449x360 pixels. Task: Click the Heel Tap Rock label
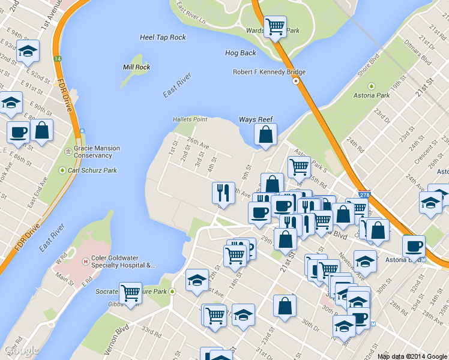pos(163,37)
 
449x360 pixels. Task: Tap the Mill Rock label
pos(136,67)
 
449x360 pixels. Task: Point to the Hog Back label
pos(240,53)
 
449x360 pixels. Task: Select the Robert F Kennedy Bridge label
pos(270,72)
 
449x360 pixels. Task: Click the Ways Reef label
pos(256,119)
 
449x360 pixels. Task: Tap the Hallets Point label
pos(190,119)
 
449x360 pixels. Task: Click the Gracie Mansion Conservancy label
pos(97,152)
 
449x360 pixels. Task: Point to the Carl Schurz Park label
pos(91,170)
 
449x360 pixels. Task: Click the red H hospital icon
pos(86,262)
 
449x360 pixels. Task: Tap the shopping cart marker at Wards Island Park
pos(275,26)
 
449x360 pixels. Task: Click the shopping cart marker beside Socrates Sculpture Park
pos(130,293)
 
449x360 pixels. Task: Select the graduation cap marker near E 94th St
pos(28,51)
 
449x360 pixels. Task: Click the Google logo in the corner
pos(21,350)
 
